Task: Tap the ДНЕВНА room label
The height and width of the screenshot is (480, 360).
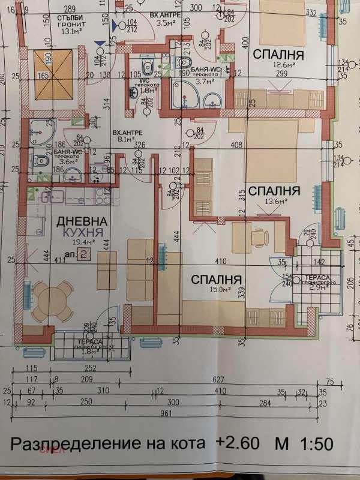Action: click(83, 221)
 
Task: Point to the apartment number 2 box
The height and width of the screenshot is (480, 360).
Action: click(85, 254)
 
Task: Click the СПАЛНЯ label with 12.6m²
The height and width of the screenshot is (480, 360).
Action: click(278, 55)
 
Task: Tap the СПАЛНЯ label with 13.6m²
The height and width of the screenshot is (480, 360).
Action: click(274, 191)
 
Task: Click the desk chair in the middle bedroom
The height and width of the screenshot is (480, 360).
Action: click(260, 238)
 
